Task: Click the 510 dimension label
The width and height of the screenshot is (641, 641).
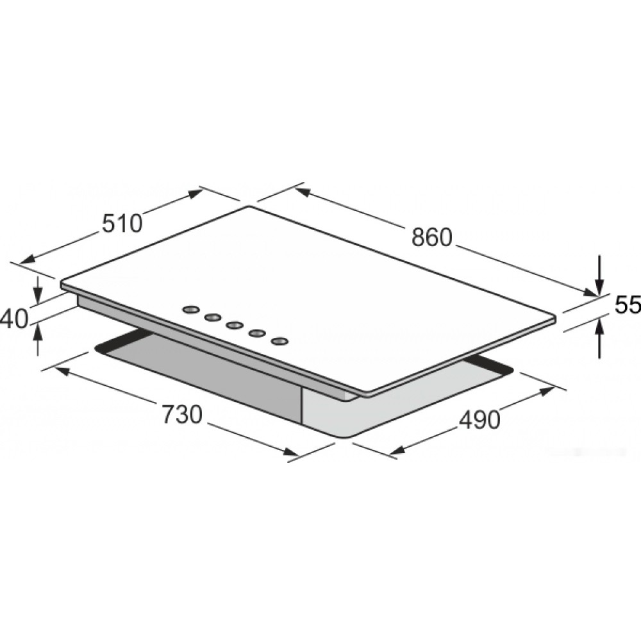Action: pos(121,223)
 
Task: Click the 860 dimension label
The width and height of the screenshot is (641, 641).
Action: pos(432,238)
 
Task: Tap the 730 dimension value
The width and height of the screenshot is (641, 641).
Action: pos(182,415)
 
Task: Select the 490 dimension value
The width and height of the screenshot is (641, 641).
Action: pos(479,419)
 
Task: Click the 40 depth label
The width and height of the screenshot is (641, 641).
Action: pos(14,319)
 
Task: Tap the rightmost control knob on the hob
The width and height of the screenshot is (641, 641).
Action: pos(280,341)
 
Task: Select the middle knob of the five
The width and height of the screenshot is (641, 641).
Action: pos(234,326)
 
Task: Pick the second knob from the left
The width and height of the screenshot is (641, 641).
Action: pos(213,317)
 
